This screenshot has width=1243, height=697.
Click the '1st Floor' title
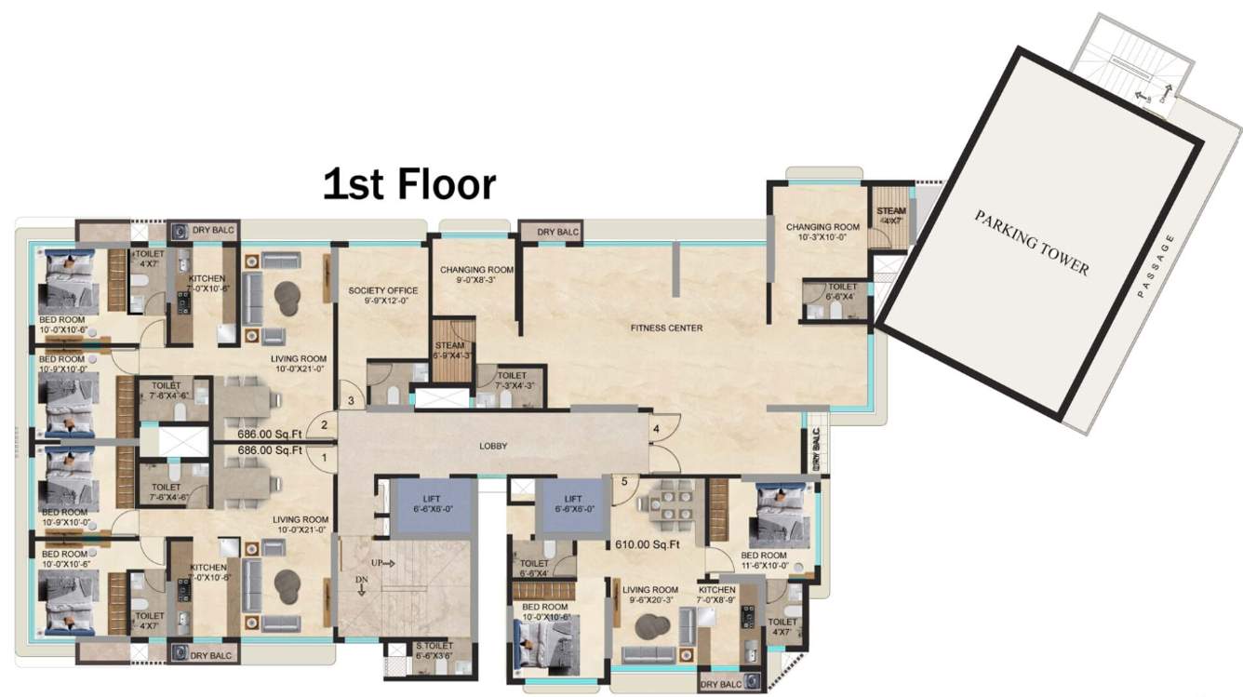[408, 184]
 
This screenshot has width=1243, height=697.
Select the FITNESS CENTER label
[666, 328]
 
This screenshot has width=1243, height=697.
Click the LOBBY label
[493, 446]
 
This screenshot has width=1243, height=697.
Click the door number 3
[351, 401]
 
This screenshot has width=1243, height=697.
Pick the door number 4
[655, 429]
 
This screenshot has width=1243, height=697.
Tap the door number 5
[625, 482]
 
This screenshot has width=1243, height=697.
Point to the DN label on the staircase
[362, 580]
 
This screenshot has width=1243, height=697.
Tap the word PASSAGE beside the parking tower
[1155, 265]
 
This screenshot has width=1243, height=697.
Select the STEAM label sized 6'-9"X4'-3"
[452, 351]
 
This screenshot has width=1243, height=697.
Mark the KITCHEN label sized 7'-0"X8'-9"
[716, 595]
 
